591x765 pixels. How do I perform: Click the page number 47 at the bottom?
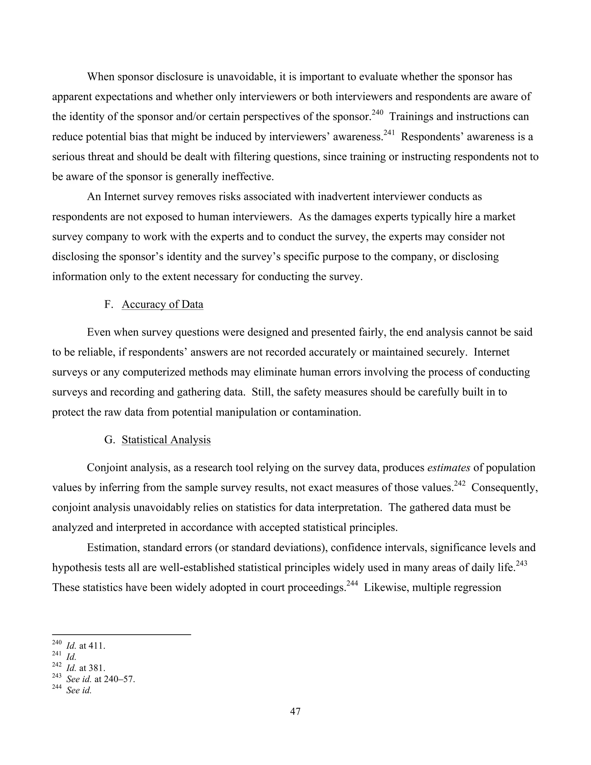point(295,711)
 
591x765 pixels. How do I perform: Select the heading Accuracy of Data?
point(162,304)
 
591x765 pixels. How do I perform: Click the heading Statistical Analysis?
point(166,440)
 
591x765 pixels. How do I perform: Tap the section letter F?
point(108,304)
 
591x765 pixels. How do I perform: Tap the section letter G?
point(109,440)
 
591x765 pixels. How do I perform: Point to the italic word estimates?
point(448,468)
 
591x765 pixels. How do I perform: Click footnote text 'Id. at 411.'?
point(86,645)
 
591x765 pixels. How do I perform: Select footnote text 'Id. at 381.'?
point(86,668)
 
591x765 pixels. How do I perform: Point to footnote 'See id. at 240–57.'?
point(100,679)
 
